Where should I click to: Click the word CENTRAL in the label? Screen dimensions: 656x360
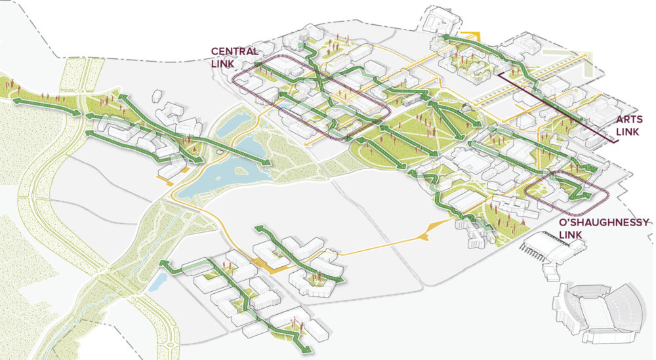point(234,51)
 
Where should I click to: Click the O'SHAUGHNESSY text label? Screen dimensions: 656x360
point(604,223)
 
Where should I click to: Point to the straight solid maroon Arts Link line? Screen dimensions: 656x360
point(558,108)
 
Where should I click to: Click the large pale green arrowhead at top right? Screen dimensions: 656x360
point(594,66)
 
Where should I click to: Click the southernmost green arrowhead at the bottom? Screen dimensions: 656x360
point(303,346)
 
